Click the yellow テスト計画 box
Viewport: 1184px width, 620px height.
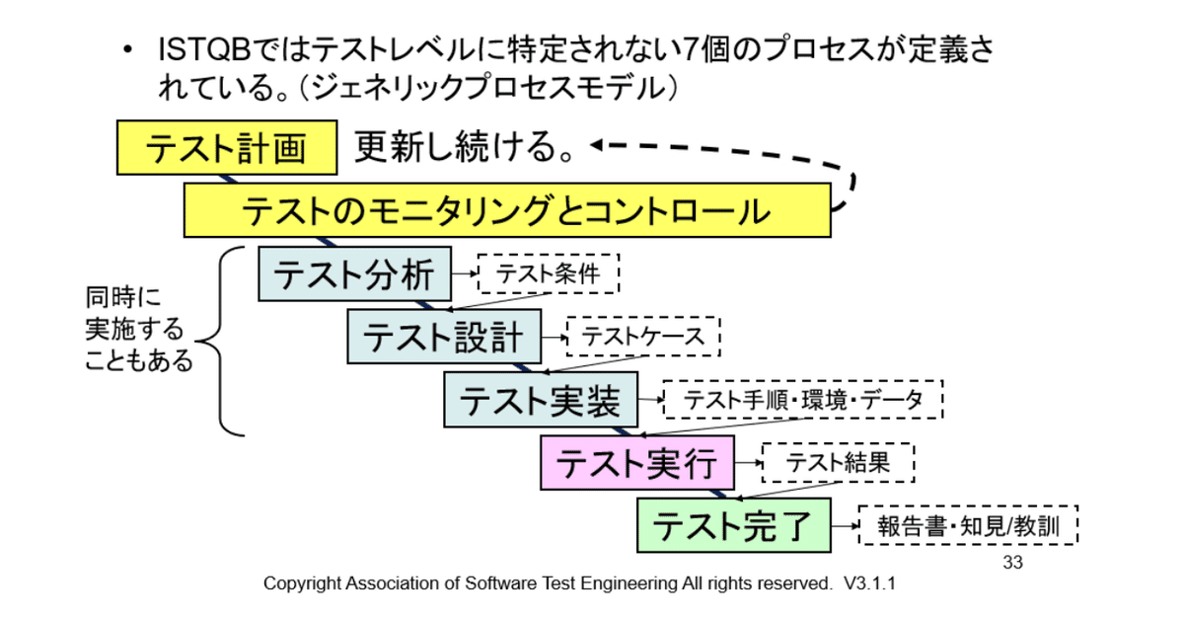tap(227, 147)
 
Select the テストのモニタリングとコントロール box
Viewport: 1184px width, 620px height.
tap(507, 210)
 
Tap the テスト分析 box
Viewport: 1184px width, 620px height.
tap(354, 274)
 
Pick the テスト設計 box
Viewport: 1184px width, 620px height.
tap(444, 337)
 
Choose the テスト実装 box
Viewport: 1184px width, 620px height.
tap(541, 400)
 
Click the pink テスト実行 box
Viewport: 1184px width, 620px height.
tap(637, 463)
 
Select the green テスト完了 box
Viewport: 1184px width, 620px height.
tap(734, 525)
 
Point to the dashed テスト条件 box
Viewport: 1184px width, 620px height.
tap(549, 273)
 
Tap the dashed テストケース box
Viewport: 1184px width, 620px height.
tap(643, 337)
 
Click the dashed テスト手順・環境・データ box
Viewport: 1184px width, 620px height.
tap(803, 400)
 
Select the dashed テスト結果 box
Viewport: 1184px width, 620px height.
tap(839, 463)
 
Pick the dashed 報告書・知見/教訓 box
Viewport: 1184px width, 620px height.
tap(968, 525)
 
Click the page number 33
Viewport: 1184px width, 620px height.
tap(1012, 563)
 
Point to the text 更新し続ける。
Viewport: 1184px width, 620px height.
tap(464, 146)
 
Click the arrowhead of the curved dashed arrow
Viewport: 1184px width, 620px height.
tap(597, 144)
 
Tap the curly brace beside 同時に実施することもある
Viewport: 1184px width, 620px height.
tap(220, 342)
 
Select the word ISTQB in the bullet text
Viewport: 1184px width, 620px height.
tap(204, 50)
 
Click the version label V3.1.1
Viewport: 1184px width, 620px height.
tap(869, 583)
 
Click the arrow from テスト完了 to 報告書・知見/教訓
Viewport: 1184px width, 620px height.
tap(846, 526)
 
